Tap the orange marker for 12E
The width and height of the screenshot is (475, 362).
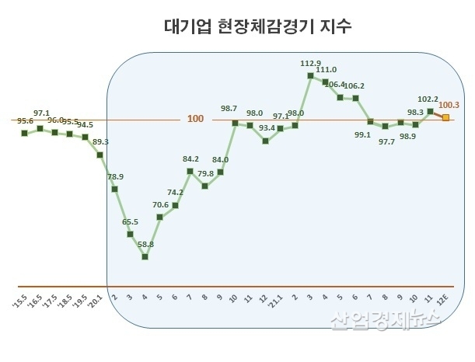pyautogui.click(x=445, y=117)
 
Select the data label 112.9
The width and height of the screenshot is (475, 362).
pyautogui.click(x=311, y=63)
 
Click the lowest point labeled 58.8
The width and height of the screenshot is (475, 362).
pyautogui.click(x=145, y=256)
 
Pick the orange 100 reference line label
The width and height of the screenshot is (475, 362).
pyautogui.click(x=196, y=119)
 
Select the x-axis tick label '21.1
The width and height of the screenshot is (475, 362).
pyautogui.click(x=278, y=299)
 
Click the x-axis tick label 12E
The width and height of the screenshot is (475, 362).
pyautogui.click(x=443, y=299)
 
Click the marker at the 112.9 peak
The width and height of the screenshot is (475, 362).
pyautogui.click(x=310, y=75)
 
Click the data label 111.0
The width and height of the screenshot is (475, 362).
pyautogui.click(x=326, y=69)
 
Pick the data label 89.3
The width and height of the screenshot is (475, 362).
pyautogui.click(x=100, y=142)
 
